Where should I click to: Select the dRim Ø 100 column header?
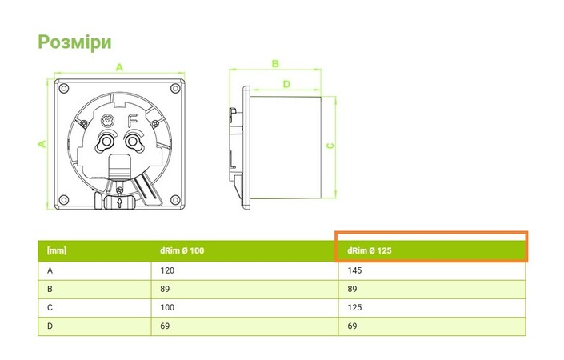click(182, 251)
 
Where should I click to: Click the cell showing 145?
click(354, 271)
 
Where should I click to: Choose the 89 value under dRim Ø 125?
click(352, 290)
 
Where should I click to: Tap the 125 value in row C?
click(354, 308)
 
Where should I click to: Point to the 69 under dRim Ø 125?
click(352, 327)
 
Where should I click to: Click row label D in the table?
click(50, 327)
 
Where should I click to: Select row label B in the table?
click(50, 290)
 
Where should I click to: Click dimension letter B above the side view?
click(274, 63)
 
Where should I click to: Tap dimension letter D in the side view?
click(286, 83)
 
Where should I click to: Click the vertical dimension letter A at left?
click(42, 143)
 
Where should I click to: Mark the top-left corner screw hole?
click(65, 88)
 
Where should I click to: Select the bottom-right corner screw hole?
click(174, 198)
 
